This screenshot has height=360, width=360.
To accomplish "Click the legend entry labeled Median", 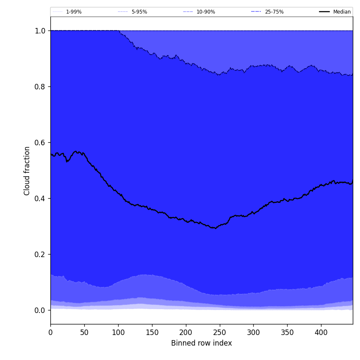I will coord(342,12).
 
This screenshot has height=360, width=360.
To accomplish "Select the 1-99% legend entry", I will coord(74,12).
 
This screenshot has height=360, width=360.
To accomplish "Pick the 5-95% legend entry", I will coord(139,12).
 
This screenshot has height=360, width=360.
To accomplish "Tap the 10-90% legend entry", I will coord(205,12).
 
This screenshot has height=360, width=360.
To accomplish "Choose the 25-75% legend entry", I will coord(274,12).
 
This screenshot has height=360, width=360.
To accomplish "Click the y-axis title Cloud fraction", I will coord(27,171).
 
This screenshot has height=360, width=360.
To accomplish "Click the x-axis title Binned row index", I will coord(202,343).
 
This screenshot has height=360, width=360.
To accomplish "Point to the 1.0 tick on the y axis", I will coord(40,30).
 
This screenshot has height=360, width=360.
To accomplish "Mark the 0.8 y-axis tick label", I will coord(40,86).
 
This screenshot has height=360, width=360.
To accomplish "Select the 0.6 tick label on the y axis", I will coord(40,142).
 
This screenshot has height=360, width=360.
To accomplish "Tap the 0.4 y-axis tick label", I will coord(40,198).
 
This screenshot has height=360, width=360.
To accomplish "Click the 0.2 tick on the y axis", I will coord(40,254).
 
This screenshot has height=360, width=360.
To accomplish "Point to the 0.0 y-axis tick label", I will coord(40,310).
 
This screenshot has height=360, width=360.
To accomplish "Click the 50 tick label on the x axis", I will coord(84,332).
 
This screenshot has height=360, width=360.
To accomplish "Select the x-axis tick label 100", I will coord(118,332).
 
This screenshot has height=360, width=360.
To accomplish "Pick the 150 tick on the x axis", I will coord(152,332).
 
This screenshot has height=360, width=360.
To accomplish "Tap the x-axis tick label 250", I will coord(219,332).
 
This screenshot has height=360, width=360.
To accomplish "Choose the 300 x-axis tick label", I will coord(253,332).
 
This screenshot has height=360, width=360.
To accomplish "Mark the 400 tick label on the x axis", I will coord(321,332).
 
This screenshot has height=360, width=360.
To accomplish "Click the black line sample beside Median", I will coord(324,12).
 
